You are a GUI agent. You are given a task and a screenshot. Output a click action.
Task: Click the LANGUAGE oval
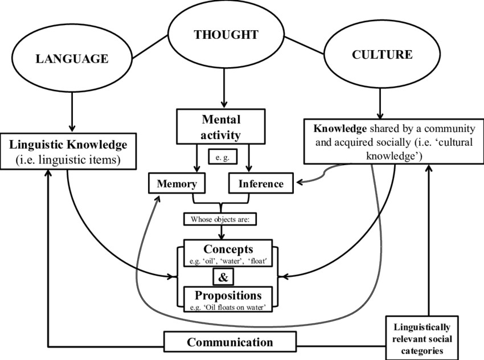[72, 58]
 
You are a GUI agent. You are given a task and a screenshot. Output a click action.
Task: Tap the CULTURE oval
[382, 56]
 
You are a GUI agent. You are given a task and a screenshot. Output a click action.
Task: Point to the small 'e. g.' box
[222, 157]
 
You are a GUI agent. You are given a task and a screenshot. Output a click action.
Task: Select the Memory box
[176, 184]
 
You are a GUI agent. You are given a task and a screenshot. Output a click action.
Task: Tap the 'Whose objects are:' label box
[220, 219]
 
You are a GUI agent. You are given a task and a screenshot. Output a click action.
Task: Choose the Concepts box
[228, 253]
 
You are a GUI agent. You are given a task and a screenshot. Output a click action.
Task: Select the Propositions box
[228, 299]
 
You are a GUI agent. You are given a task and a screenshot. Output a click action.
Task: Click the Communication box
[230, 342]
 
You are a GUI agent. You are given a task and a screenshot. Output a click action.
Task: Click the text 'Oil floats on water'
[235, 308]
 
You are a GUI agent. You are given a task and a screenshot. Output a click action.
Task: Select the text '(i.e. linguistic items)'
[69, 160]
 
